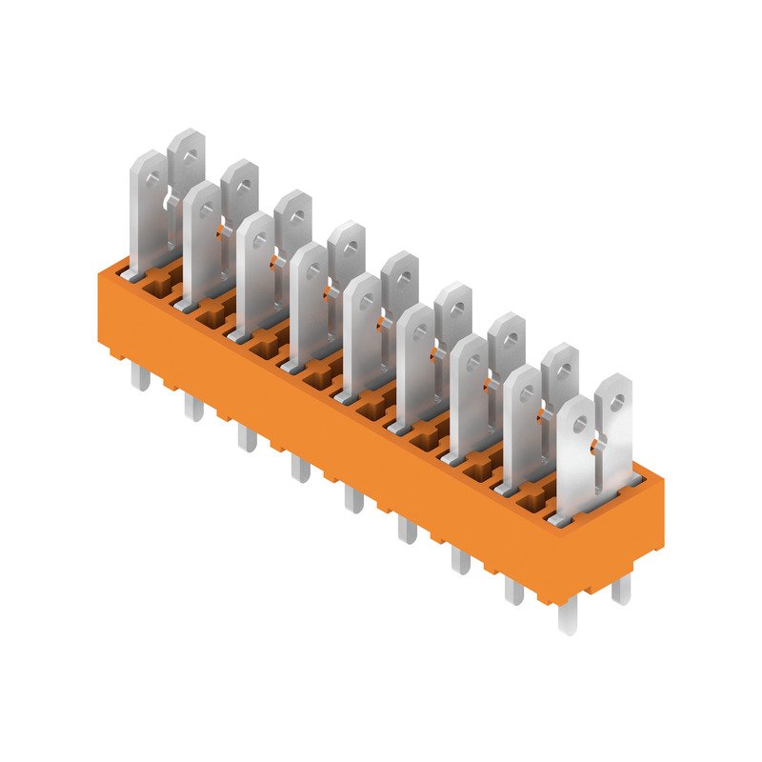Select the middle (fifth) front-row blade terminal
pos(362,333)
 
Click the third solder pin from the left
pos(247,437)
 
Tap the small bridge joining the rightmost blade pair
pos(597,444)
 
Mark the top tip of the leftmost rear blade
pos(187,132)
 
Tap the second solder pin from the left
pos(193,409)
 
